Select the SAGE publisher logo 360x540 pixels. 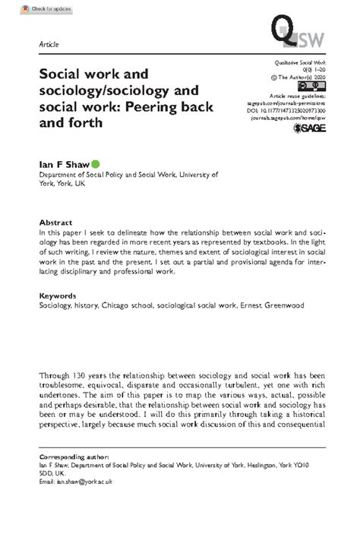(x=311, y=130)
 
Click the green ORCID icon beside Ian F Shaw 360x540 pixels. (x=96, y=163)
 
